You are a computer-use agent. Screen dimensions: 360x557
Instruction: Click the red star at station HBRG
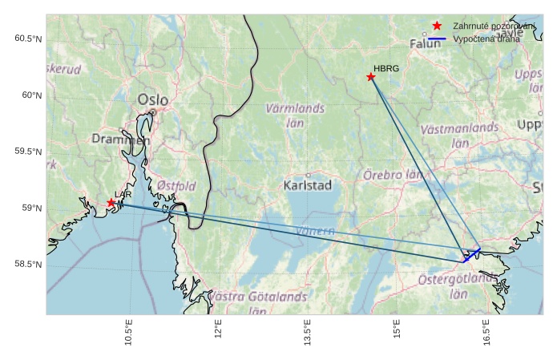click(x=370, y=77)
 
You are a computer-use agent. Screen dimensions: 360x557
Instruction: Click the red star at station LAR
click(x=111, y=203)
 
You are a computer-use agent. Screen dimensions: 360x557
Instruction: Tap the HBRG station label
click(x=386, y=69)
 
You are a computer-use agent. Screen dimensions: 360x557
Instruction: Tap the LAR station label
click(x=123, y=195)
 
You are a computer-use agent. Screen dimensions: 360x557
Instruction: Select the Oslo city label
click(x=153, y=100)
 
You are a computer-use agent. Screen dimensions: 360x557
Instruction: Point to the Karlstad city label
click(x=308, y=185)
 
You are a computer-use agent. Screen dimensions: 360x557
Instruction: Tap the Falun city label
click(x=426, y=44)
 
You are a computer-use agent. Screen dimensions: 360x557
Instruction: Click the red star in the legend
click(x=437, y=26)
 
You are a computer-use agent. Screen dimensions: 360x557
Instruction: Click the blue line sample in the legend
click(x=437, y=38)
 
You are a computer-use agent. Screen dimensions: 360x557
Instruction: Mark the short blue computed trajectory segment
click(x=471, y=255)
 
